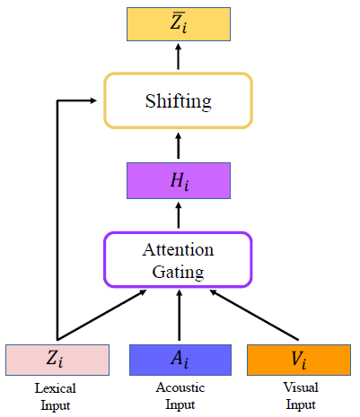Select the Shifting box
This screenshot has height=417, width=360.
pyautogui.click(x=179, y=100)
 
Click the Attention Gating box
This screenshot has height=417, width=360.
pyautogui.click(x=179, y=260)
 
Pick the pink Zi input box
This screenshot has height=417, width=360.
pyautogui.click(x=57, y=360)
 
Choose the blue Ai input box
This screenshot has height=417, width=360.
pyautogui.click(x=179, y=360)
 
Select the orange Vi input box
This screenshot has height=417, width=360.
pyautogui.click(x=299, y=360)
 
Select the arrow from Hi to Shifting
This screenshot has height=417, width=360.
pyautogui.click(x=179, y=144)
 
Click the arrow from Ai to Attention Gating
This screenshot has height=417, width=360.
pyautogui.click(x=179, y=316)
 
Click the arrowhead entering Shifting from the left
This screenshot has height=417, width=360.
pyautogui.click(x=97, y=100)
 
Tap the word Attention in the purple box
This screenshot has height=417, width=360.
pyautogui.click(x=179, y=249)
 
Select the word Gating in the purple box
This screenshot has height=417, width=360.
pyautogui.click(x=179, y=271)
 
